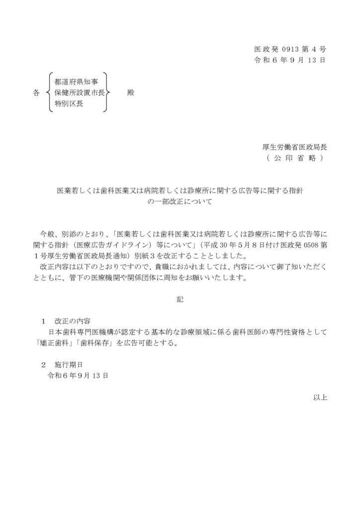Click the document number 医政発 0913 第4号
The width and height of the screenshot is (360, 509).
click(290, 49)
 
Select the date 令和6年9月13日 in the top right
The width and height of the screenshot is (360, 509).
click(290, 61)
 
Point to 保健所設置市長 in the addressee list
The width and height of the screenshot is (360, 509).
click(79, 93)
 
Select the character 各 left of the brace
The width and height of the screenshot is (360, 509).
click(36, 93)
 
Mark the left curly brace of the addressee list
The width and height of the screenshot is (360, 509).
click(48, 93)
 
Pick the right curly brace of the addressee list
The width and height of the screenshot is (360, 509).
click(106, 93)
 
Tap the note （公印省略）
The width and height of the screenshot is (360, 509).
click(294, 159)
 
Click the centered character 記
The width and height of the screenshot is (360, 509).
click(180, 300)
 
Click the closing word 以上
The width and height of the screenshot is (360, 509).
click(319, 397)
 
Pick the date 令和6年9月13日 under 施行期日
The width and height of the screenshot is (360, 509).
click(78, 376)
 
